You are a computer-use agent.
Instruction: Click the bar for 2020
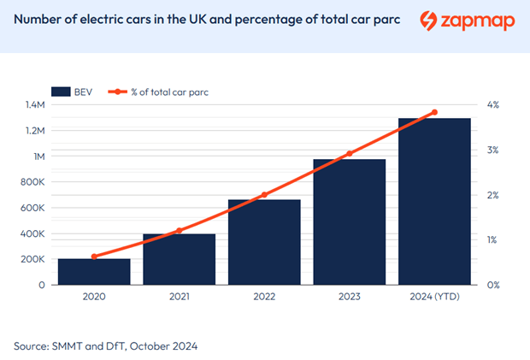[94, 271]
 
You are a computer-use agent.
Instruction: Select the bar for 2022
[264, 242]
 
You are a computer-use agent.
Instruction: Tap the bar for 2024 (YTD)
[434, 201]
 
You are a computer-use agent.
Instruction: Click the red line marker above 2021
[179, 231]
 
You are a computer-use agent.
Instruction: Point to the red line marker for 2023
[349, 154]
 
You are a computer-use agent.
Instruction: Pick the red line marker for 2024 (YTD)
[434, 112]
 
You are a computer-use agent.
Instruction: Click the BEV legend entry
[76, 91]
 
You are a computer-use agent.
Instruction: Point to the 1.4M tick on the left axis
[34, 104]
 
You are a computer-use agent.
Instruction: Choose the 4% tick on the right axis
[493, 104]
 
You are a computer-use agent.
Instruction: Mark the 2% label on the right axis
[493, 195]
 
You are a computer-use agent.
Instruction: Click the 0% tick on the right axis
[493, 285]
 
